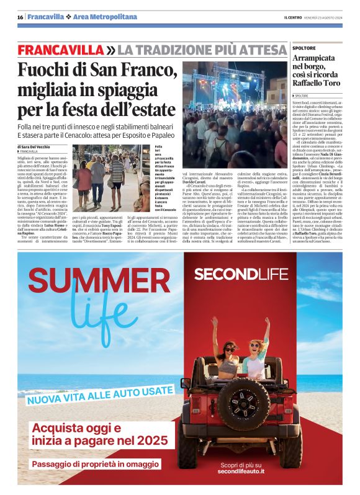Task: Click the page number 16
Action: [x=20, y=17]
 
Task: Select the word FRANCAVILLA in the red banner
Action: [x=61, y=49]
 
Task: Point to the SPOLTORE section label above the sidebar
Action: [x=304, y=48]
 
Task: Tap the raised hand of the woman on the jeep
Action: [x=268, y=322]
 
